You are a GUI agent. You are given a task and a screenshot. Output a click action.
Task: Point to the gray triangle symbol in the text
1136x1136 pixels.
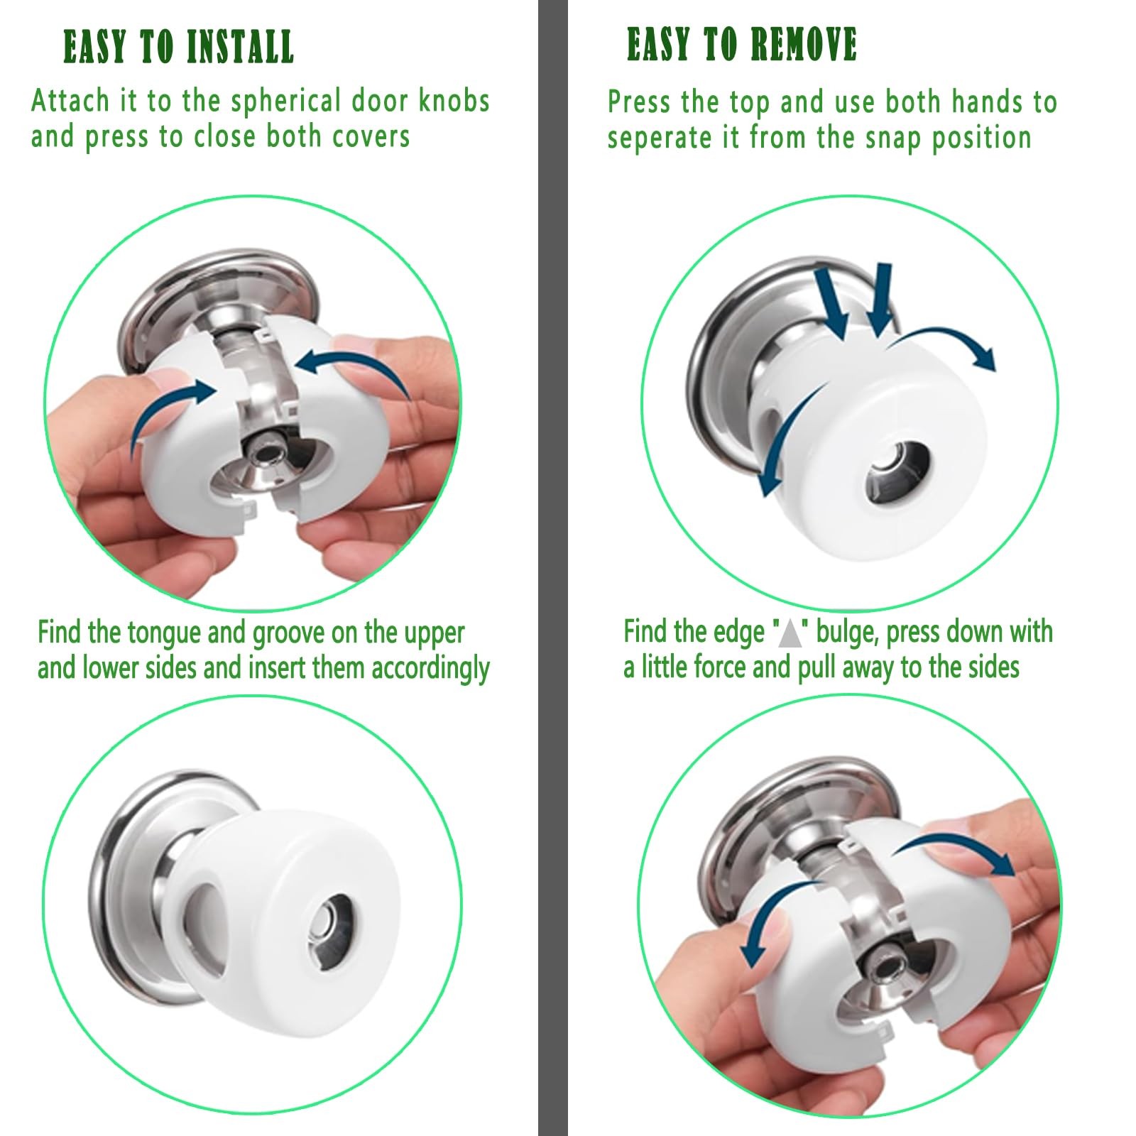(x=790, y=633)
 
